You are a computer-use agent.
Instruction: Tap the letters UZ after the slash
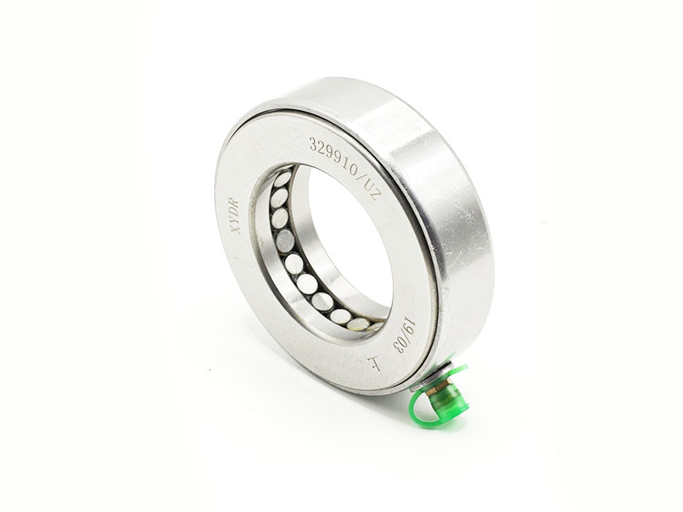point(371,189)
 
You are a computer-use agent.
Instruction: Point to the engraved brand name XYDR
point(236,216)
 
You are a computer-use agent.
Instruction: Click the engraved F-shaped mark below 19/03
point(375,364)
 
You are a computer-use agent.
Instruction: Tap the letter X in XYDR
point(237,229)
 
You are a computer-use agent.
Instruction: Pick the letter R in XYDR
point(236,202)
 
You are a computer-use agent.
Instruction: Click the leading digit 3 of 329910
point(313,143)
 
